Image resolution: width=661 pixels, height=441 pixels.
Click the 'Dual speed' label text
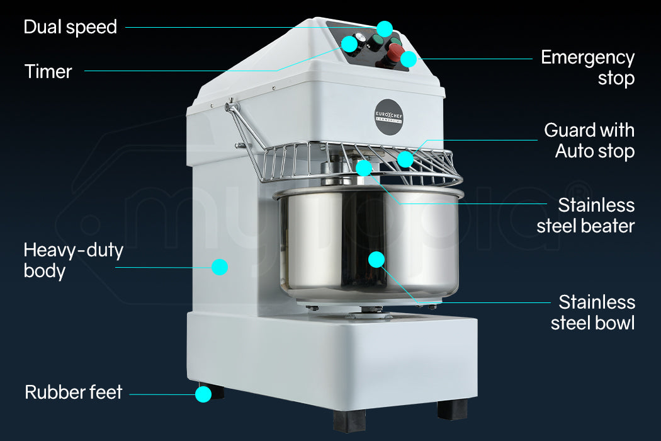(x=71, y=27)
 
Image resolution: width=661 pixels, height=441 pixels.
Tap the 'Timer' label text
(x=48, y=71)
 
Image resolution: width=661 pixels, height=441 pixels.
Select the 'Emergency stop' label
(x=587, y=67)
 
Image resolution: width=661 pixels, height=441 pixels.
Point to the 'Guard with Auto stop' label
(x=589, y=140)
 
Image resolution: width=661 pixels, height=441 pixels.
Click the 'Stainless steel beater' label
(x=585, y=215)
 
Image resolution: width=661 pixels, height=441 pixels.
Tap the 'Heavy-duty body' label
(x=73, y=260)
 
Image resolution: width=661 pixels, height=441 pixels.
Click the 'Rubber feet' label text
(x=74, y=392)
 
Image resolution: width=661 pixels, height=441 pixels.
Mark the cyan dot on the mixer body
(x=219, y=266)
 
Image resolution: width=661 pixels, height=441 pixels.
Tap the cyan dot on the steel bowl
(x=376, y=259)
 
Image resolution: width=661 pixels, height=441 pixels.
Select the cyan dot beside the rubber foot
(x=203, y=395)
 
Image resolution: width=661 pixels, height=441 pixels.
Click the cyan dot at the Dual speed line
(x=385, y=28)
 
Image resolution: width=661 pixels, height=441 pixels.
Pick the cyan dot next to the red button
(x=409, y=59)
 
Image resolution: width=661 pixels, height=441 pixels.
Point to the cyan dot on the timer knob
(x=349, y=43)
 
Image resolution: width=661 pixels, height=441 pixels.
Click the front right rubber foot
(x=452, y=409)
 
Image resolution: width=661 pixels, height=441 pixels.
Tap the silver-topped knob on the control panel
(x=361, y=38)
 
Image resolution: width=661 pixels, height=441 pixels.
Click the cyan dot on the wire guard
(x=405, y=159)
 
